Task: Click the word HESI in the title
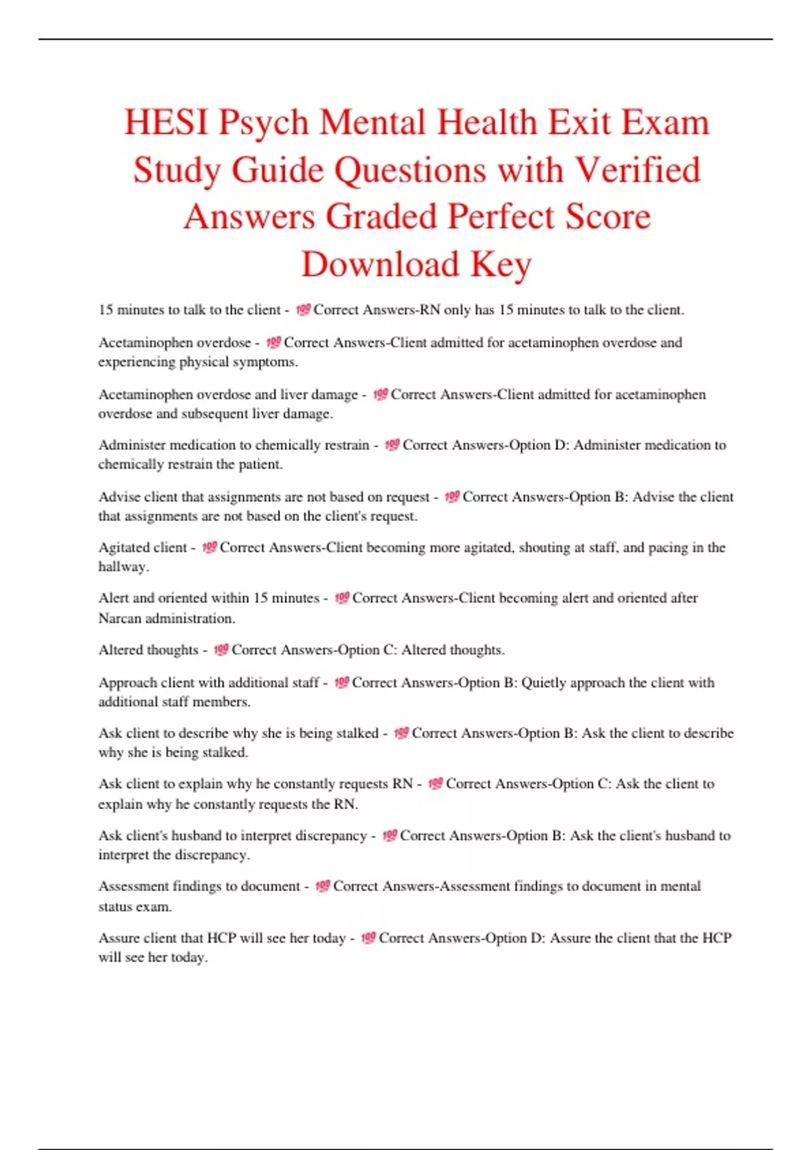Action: (165, 123)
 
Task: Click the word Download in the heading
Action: (380, 264)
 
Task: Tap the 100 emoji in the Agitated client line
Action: (209, 547)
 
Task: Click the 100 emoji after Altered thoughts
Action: (221, 649)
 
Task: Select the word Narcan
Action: (120, 618)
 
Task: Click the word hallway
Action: (123, 566)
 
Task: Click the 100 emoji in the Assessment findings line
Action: (323, 885)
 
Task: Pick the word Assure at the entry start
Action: (119, 938)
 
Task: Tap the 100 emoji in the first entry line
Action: (302, 309)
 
